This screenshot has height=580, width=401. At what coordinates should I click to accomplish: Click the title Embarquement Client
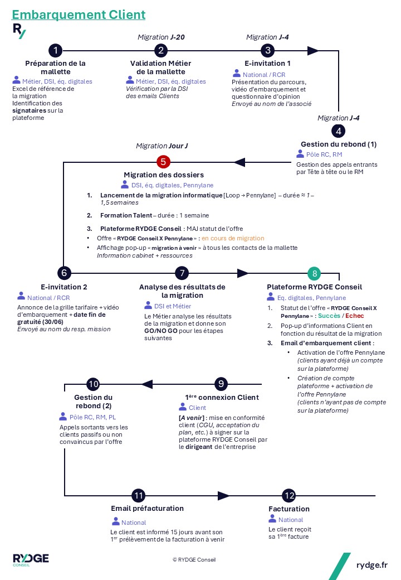point(79,14)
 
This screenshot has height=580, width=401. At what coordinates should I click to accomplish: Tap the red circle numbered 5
point(163,162)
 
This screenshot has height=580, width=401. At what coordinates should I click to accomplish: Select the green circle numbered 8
point(314,273)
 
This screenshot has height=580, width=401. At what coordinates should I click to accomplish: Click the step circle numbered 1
point(55,50)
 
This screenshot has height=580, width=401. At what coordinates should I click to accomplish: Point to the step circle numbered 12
point(289,495)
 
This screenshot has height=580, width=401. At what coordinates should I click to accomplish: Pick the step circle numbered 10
point(94,384)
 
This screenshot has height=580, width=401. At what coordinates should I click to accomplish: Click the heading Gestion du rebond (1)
point(339,144)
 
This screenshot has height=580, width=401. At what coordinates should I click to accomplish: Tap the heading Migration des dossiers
point(164,175)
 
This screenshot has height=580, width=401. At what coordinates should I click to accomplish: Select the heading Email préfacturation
point(148,508)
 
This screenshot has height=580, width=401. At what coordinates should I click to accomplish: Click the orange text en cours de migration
point(233,238)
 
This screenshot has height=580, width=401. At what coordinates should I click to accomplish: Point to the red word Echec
point(354,316)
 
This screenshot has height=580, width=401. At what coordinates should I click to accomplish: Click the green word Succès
point(329,316)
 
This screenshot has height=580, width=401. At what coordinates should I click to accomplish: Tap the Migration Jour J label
point(162,146)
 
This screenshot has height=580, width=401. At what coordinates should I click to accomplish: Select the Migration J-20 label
point(161,37)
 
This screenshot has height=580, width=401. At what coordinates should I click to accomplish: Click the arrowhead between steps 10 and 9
point(147,384)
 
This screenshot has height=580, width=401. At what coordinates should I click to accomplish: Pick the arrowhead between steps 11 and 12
point(223,495)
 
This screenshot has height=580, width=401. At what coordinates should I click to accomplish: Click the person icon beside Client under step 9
point(183,407)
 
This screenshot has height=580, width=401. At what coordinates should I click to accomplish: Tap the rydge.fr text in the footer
point(372,565)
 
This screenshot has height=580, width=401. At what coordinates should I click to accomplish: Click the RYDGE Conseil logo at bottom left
point(31,559)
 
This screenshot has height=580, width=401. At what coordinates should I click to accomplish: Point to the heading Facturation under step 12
point(289,509)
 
